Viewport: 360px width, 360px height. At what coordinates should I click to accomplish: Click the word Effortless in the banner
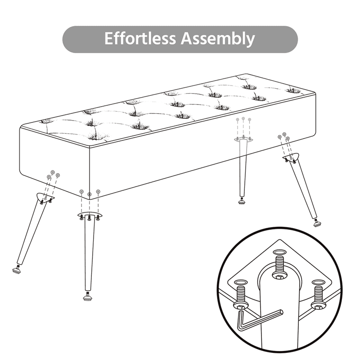(x=140, y=38)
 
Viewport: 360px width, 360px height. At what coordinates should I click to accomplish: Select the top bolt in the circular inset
(x=279, y=266)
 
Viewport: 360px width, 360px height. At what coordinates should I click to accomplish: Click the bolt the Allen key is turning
(x=241, y=296)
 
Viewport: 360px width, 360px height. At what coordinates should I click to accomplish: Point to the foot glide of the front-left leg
(x=17, y=269)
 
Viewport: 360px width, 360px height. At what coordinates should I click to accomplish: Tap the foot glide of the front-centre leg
(x=87, y=297)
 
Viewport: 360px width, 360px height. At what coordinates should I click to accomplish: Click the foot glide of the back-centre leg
(x=242, y=201)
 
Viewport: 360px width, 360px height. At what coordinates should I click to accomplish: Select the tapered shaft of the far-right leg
(x=304, y=188)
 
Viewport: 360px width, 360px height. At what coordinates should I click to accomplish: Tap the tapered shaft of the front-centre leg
(x=89, y=252)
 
